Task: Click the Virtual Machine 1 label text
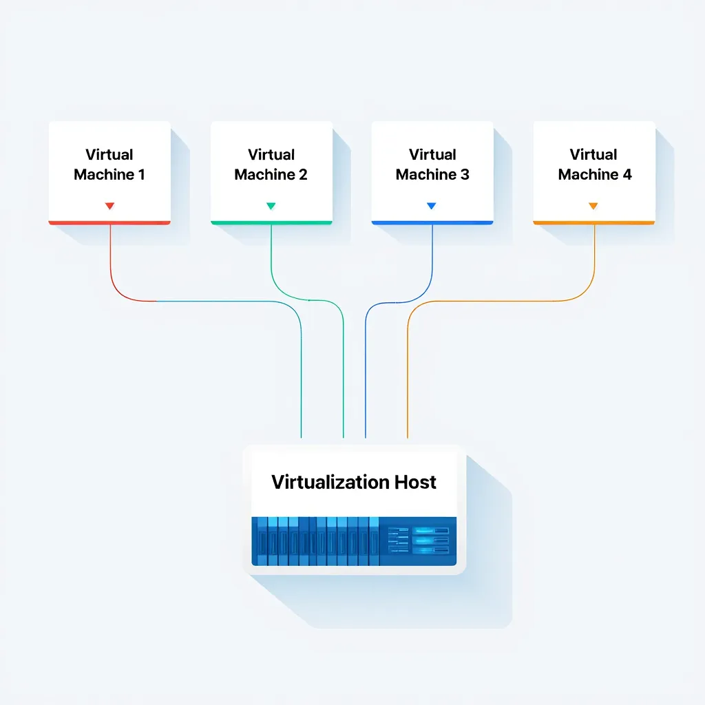click(109, 165)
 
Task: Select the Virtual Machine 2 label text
click(271, 165)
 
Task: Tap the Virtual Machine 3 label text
click(432, 165)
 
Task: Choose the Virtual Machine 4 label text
click(594, 165)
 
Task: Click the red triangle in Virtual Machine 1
click(109, 206)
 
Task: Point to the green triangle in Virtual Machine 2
click(271, 206)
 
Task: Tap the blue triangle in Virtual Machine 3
click(432, 206)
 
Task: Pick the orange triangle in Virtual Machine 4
click(593, 206)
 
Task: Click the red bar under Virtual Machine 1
click(109, 222)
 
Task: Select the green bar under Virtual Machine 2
click(271, 222)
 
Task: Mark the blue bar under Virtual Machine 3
click(432, 222)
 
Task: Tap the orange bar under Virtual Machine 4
click(593, 222)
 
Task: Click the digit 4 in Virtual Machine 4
click(627, 175)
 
